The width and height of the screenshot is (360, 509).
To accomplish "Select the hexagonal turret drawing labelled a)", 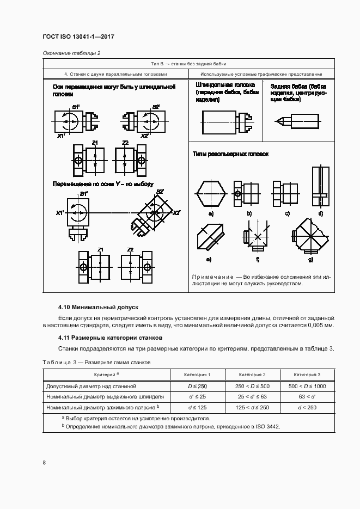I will (210, 194).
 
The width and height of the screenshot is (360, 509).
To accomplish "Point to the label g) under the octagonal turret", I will (310, 259).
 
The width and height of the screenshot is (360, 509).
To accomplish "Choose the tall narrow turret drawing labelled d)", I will (321, 187).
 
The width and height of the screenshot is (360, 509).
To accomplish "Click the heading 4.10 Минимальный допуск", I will (99, 307).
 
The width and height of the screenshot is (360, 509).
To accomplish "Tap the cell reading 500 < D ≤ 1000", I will (307, 386).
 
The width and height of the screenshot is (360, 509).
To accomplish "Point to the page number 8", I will (44, 463).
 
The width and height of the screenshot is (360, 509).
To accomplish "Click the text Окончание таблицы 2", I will (71, 53).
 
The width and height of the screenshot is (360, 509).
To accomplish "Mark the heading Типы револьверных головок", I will (231, 154).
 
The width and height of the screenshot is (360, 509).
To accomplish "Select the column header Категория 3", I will (307, 375).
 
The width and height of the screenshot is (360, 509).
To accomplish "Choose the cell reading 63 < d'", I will (307, 397).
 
